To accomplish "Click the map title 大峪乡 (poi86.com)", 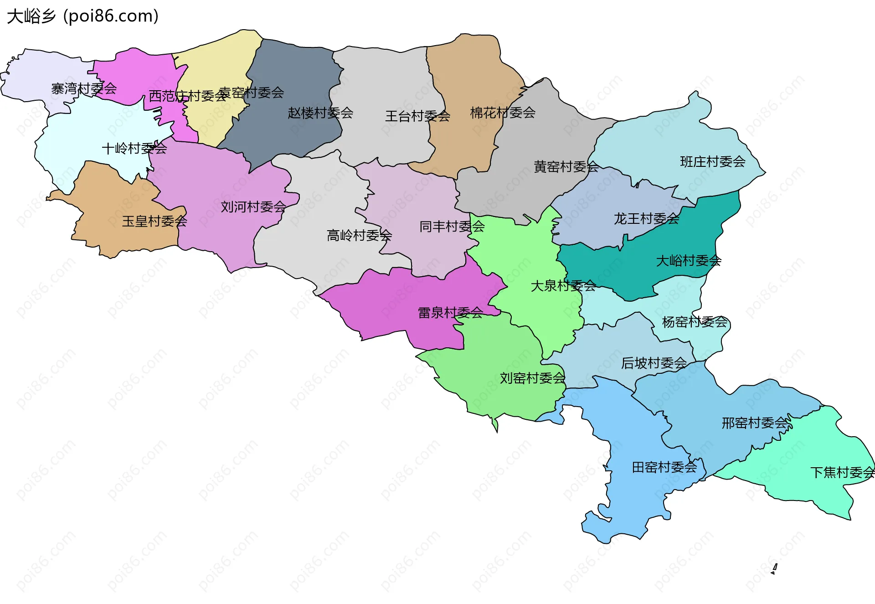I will [82, 16].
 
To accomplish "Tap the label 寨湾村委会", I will [84, 88].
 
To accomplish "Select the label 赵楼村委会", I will [320, 113].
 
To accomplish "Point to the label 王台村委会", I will [417, 116].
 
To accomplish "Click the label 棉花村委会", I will [503, 113].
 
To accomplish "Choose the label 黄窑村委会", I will [566, 167].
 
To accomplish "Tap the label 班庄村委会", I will [713, 162].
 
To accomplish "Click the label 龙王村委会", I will [646, 219].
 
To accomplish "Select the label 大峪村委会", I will [688, 261].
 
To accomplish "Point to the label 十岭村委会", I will [134, 149].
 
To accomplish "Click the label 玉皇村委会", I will [154, 222].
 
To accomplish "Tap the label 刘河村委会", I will [253, 207].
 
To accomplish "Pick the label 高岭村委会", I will [359, 236].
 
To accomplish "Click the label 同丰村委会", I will [452, 227].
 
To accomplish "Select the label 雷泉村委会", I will [450, 313].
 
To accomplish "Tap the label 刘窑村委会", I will [532, 378].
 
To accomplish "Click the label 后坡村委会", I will [654, 363].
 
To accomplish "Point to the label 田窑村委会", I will [664, 467].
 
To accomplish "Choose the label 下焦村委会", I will [842, 472].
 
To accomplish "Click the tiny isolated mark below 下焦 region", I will [774, 569].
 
